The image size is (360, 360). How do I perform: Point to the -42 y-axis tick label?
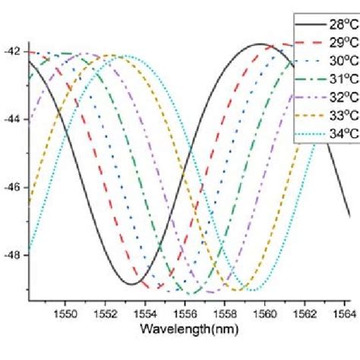coord(14,52)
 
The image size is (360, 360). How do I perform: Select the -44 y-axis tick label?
coord(14,119)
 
